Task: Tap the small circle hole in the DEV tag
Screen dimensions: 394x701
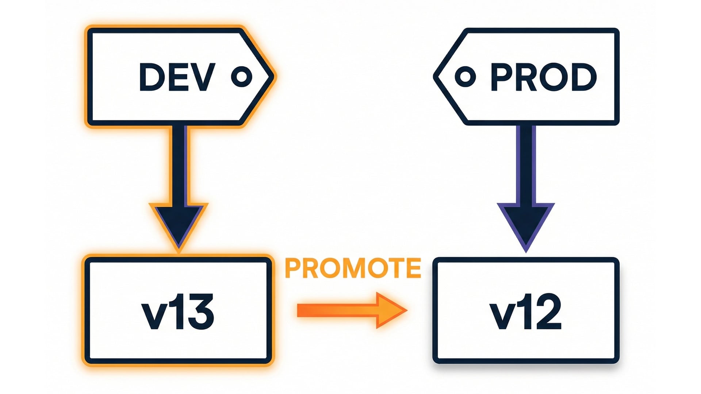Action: [242, 77]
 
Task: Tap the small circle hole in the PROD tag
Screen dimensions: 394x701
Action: [465, 77]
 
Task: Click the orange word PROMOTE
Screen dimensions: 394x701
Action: [353, 268]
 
